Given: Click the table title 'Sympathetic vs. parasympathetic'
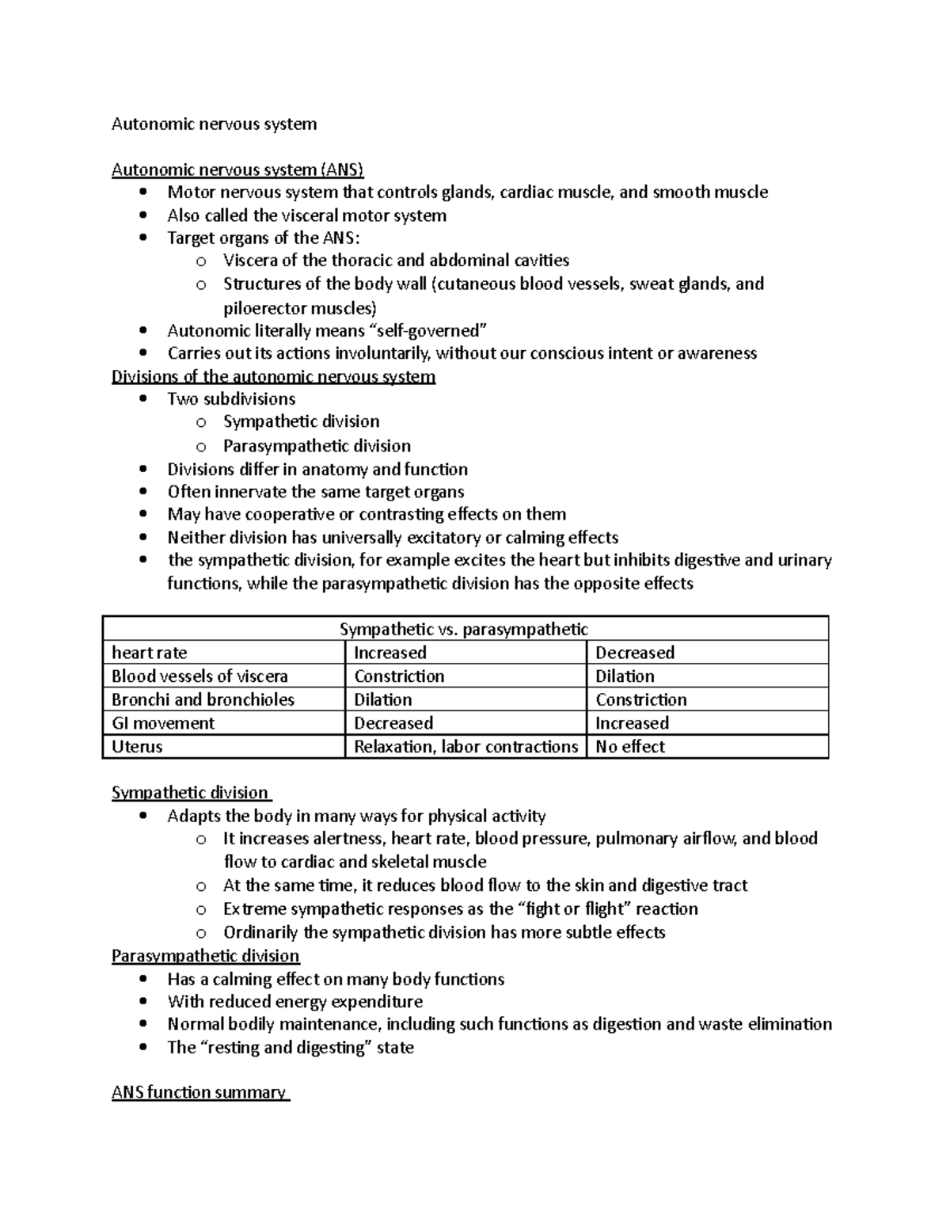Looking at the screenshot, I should [464, 630].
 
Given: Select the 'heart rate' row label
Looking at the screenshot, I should [150, 653].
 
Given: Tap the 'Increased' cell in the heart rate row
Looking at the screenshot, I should [389, 653].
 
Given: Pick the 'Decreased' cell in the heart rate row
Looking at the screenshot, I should [635, 653].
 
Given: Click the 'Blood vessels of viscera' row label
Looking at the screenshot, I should [199, 676].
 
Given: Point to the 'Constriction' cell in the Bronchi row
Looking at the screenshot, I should [641, 700].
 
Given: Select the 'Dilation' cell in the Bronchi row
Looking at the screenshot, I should [383, 700].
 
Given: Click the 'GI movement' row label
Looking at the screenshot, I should [163, 723].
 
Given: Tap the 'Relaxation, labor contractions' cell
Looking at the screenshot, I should [465, 747].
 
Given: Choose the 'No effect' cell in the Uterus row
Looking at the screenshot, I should [630, 747].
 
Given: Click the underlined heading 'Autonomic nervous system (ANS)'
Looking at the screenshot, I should [237, 169].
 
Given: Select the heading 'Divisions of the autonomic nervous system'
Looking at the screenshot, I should [273, 376].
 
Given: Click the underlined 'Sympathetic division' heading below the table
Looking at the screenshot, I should [190, 793].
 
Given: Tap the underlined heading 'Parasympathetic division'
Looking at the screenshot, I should [206, 956].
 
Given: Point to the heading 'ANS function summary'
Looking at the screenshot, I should [199, 1093].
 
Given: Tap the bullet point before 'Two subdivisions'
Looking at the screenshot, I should [142, 399].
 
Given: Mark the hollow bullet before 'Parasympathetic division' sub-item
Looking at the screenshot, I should [201, 447].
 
